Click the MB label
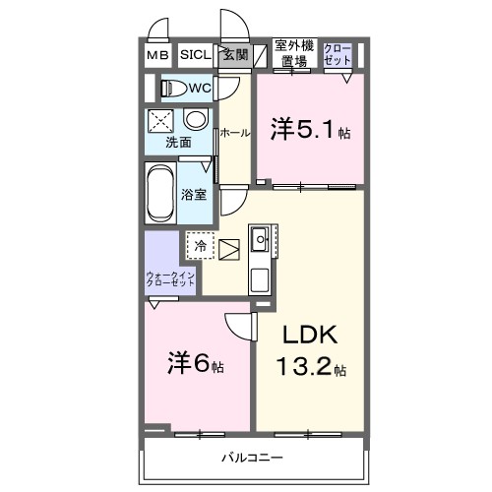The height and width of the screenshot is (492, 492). (157, 55)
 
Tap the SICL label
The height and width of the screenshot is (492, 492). (194, 55)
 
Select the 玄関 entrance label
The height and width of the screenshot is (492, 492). (234, 55)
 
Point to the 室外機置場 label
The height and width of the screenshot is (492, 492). (293, 53)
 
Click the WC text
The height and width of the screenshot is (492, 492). (201, 88)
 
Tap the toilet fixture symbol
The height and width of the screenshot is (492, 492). (174, 88)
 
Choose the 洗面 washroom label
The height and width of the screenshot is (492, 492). (178, 141)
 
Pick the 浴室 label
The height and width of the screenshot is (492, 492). (194, 194)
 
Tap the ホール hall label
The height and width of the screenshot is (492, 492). (234, 132)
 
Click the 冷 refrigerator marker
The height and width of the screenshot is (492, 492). (200, 246)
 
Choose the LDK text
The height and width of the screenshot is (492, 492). (311, 335)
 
